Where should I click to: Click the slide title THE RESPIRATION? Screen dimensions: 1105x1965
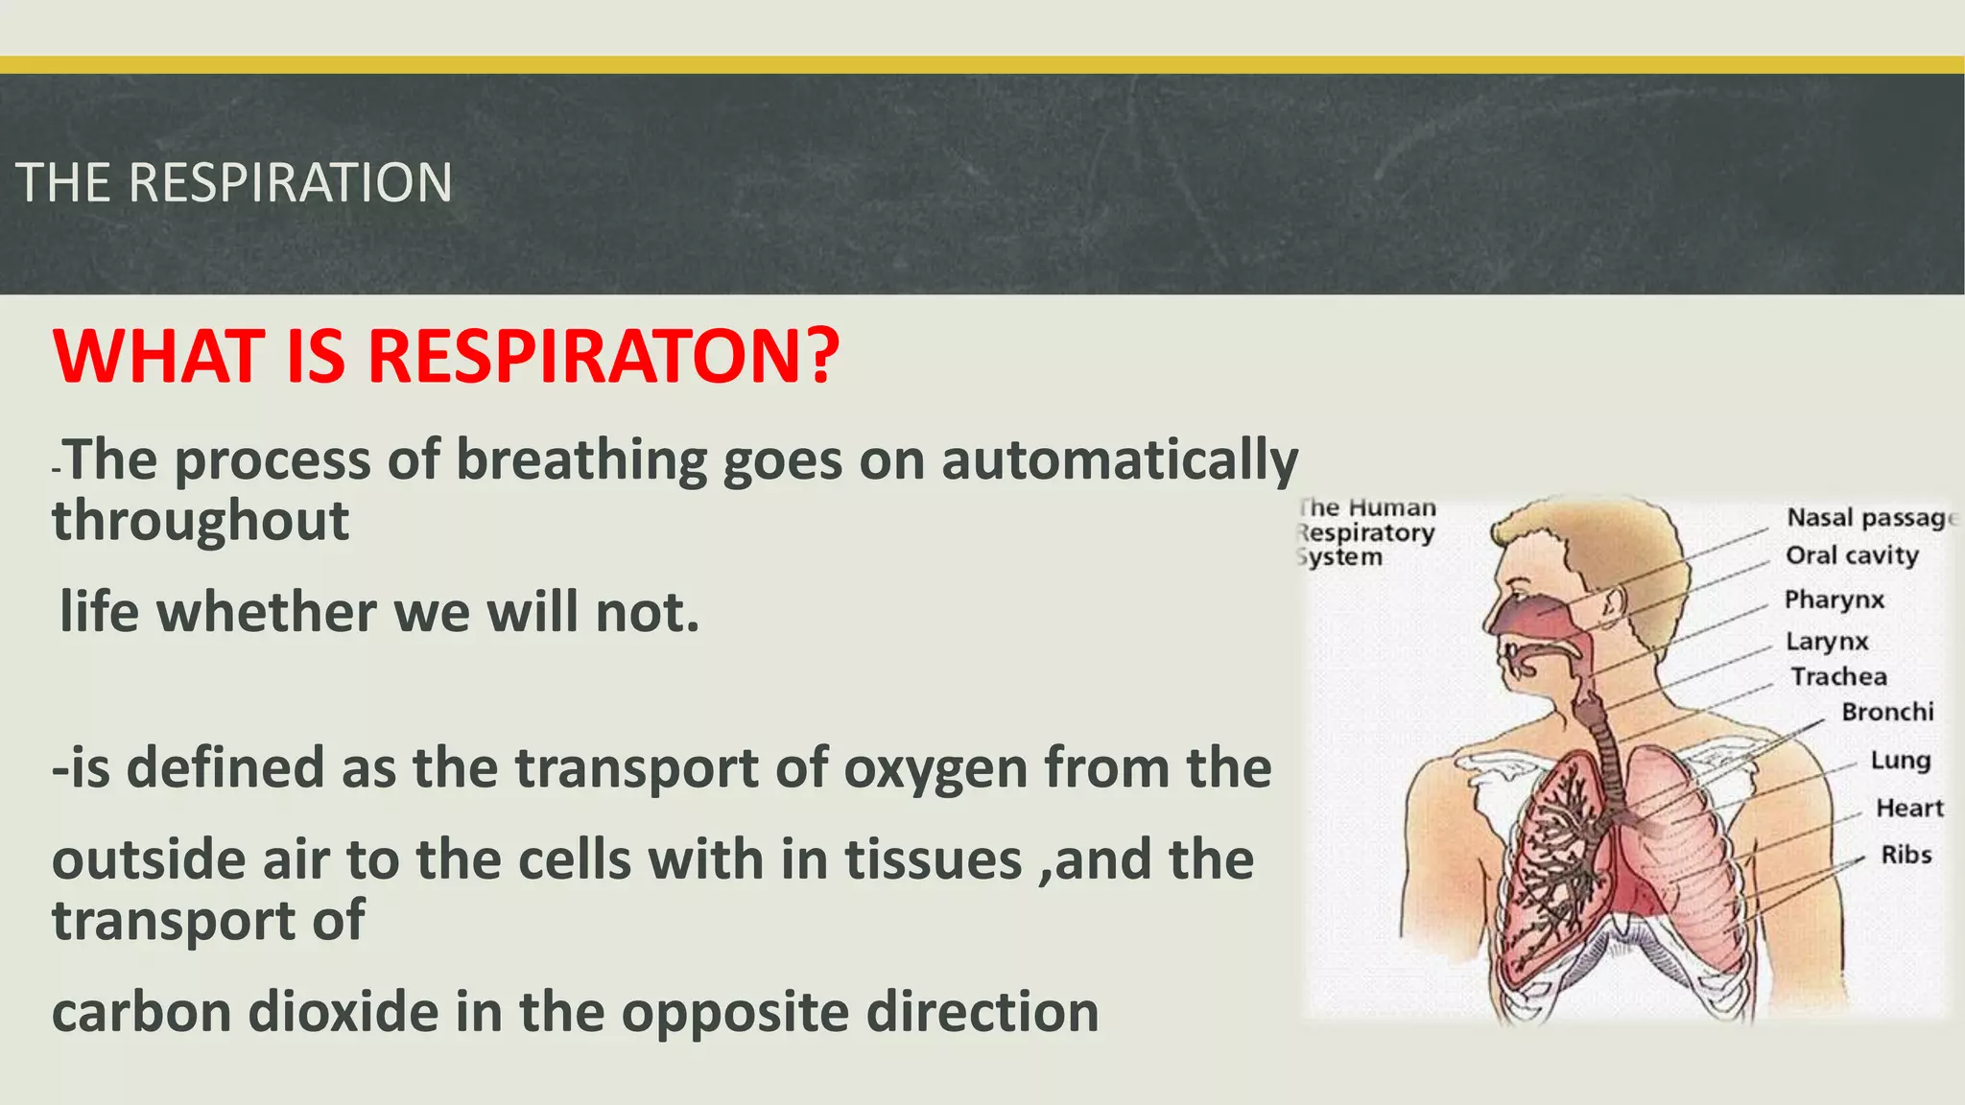point(233,183)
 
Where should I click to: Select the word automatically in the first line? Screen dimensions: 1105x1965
point(1119,460)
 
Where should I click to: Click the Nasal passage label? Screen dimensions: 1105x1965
point(1868,518)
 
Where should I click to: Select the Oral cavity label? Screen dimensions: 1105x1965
point(1851,555)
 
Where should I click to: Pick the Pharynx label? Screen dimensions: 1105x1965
point(1834,600)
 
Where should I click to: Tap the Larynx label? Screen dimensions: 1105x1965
point(1826,642)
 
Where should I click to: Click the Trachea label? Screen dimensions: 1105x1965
point(1838,677)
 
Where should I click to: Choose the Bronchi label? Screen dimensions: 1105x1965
point(1886,713)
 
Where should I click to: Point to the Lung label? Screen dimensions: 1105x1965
point(1900,761)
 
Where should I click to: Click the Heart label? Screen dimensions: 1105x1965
point(1908,809)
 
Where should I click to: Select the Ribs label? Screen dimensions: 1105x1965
point(1905,855)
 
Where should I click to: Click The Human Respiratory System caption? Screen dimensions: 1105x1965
point(1366,532)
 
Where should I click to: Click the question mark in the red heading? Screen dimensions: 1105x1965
point(821,357)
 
